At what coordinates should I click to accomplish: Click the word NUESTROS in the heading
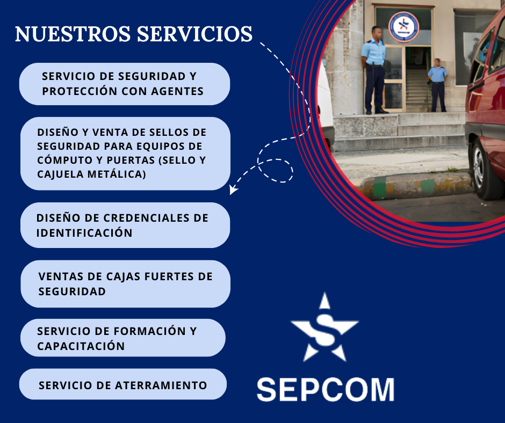pos(73,34)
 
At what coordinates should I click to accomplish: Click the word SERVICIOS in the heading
pos(195,34)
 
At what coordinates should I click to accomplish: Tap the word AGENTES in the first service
pos(177,91)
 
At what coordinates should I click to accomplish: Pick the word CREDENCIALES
pos(147,218)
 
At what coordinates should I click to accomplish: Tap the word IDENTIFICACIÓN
pos(84,233)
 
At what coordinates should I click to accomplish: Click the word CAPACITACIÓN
pos(81,346)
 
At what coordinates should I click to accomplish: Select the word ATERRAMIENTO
pos(161,385)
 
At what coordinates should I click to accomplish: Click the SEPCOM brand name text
pos(326,390)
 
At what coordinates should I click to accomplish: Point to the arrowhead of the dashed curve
pos(233,189)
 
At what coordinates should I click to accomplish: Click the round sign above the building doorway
pos(403,27)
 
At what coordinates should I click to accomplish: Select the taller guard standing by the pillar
pos(374,70)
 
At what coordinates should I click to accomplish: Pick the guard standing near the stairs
pos(438,85)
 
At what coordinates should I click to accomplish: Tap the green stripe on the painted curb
pos(380,187)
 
